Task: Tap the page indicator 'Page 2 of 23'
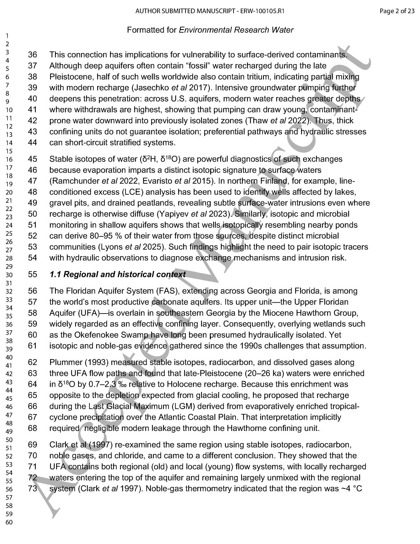397,11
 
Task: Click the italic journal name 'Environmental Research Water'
236,30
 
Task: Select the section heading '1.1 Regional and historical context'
117,274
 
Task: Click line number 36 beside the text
33,55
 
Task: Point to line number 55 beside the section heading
33,274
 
